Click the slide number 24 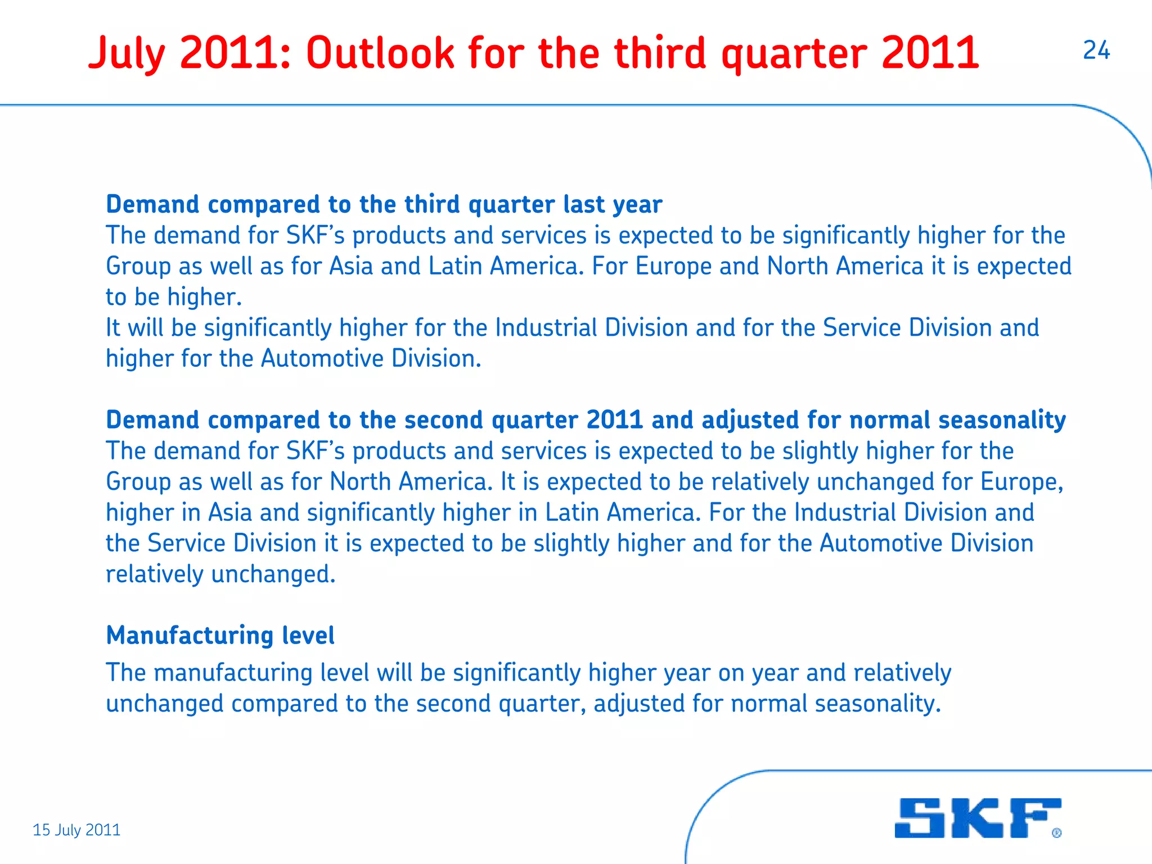click(x=1096, y=51)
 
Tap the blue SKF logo click(x=978, y=818)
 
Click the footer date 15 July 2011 click(x=76, y=830)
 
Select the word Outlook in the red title click(x=380, y=53)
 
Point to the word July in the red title click(x=127, y=54)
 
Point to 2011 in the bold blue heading click(x=614, y=420)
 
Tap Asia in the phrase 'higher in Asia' click(x=230, y=512)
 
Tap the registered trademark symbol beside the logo click(x=1056, y=832)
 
